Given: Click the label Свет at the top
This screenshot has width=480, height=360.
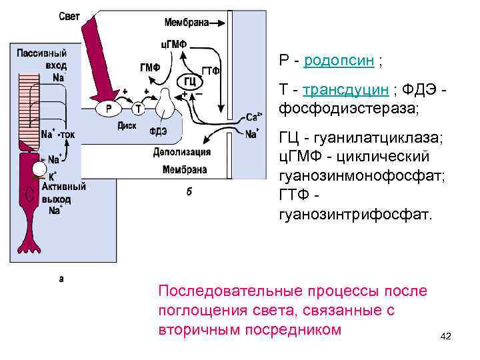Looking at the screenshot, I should [x=69, y=17].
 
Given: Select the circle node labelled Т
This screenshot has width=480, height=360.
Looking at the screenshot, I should [x=139, y=108].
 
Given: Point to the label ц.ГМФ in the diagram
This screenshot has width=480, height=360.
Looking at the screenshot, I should [x=173, y=45].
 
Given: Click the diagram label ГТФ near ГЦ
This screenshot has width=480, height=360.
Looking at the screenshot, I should [x=211, y=71].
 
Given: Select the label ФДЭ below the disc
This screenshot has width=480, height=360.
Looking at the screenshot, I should [x=159, y=131].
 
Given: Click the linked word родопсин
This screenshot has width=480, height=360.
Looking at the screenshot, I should [x=339, y=62].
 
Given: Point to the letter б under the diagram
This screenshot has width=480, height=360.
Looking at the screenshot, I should [x=189, y=191].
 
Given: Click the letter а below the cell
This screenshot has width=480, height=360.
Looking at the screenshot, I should [x=62, y=279].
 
